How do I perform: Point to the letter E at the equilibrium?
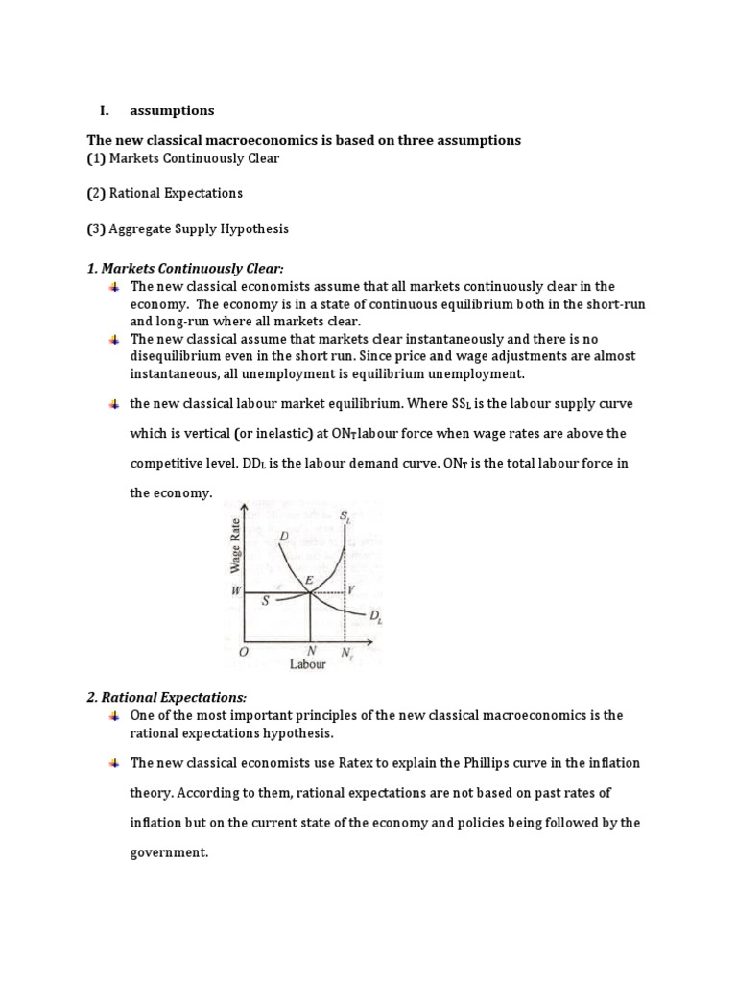309,580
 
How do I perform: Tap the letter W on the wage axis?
234,593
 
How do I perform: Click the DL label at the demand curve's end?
376,615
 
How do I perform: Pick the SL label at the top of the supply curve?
345,515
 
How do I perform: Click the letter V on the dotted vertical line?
351,589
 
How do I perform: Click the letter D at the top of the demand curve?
284,535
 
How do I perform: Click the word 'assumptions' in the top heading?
172,110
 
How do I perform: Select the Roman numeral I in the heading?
103,110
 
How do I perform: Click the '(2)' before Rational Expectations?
96,193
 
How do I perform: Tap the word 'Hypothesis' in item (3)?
254,229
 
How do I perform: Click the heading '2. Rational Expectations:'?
167,697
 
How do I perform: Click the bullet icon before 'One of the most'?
113,716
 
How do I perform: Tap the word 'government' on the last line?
168,851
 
